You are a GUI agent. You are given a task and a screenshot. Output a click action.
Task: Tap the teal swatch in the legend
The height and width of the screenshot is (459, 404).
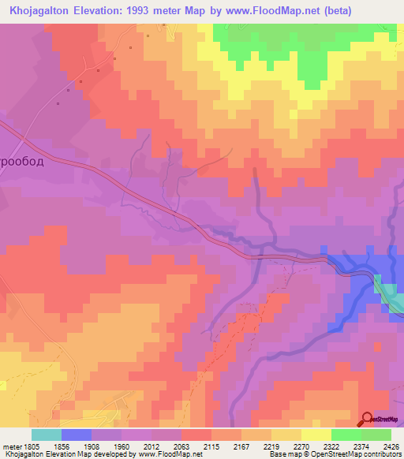[46, 434]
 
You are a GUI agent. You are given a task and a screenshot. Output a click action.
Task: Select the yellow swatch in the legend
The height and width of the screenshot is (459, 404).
[316, 434]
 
